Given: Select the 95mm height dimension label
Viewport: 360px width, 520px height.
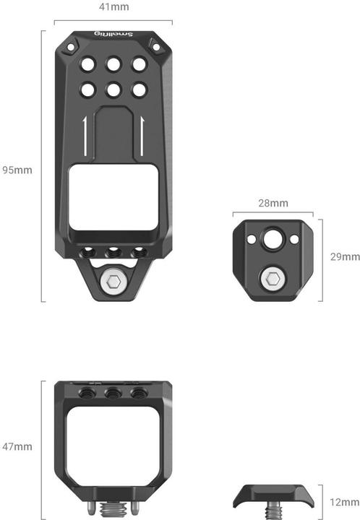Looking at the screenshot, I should pyautogui.click(x=17, y=170).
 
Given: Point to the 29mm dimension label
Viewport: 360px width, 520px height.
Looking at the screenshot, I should pyautogui.click(x=344, y=256).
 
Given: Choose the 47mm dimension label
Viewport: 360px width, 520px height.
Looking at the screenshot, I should pyautogui.click(x=17, y=447).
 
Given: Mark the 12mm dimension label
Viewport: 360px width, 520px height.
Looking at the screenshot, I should pyautogui.click(x=344, y=500).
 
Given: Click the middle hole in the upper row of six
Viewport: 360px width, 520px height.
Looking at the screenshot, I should pyautogui.click(x=113, y=64).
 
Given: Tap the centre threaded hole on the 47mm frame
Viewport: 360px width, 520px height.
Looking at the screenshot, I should pyautogui.click(x=113, y=394).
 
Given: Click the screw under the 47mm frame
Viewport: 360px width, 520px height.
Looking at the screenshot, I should pyautogui.click(x=113, y=510).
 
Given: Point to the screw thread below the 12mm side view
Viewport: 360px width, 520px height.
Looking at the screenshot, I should pyautogui.click(x=273, y=511).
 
